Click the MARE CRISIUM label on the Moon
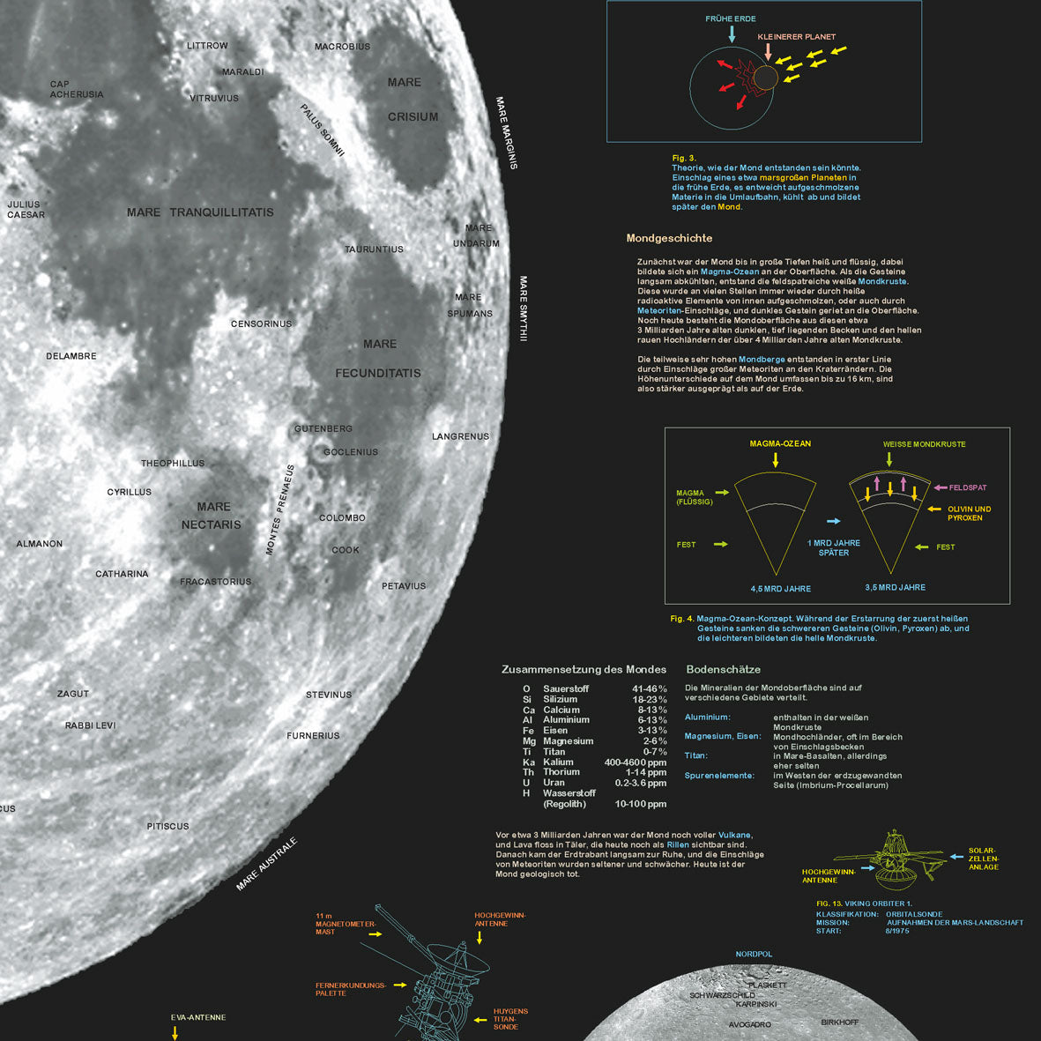tap(412, 99)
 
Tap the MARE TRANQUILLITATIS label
tap(200, 212)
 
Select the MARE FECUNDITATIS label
tap(378, 359)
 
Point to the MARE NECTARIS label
tap(212, 516)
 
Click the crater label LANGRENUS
tap(460, 436)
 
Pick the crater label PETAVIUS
tap(404, 586)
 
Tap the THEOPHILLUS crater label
tap(173, 464)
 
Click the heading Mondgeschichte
tap(669, 238)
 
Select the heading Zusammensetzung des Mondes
tap(584, 670)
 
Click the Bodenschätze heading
tap(723, 670)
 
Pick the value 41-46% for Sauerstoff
tap(650, 689)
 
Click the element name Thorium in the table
tap(561, 772)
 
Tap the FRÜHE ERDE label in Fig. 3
tap(730, 19)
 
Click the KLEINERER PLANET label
tap(796, 37)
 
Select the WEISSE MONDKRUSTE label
tap(924, 444)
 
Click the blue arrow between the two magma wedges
tap(833, 522)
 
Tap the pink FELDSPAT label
tap(967, 487)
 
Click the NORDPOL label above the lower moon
tap(754, 954)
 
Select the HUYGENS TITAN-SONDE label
tap(510, 1019)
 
